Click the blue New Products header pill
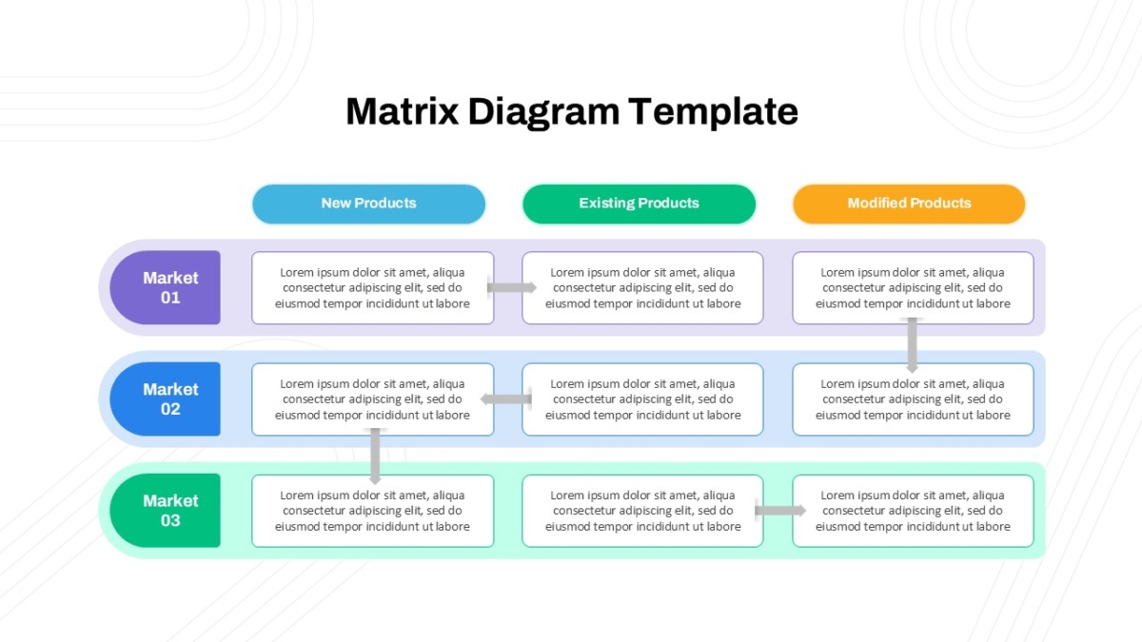coord(368,204)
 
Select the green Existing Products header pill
coord(639,204)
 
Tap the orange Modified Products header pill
coord(909,204)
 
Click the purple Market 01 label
coord(166,287)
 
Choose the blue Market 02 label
coord(166,399)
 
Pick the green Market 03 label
coord(166,511)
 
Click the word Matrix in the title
coord(403,111)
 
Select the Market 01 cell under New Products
coord(373,288)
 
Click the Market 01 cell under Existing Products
coord(643,288)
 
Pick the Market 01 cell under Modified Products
coord(913,288)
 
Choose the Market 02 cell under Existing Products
coord(643,399)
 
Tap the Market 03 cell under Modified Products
coord(913,511)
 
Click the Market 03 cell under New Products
coord(373,511)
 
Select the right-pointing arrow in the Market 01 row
coord(512,287)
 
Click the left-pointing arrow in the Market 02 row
coord(505,399)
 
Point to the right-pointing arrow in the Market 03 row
coord(780,510)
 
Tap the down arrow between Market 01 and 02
coord(913,345)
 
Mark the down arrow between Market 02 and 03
coord(375,456)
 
